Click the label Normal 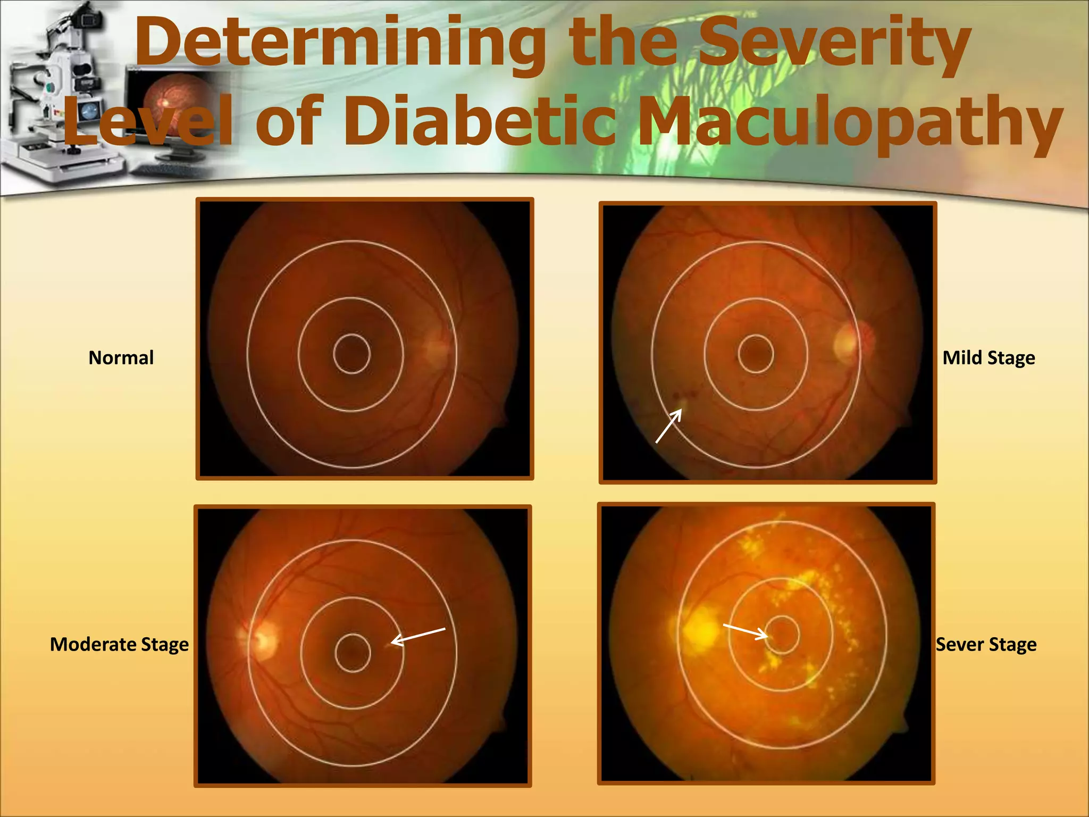pyautogui.click(x=121, y=358)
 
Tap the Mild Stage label pyautogui.click(x=989, y=358)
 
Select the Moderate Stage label pyautogui.click(x=119, y=644)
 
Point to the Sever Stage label pyautogui.click(x=986, y=644)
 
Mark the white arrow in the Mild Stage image pyautogui.click(x=669, y=426)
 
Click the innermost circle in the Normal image pyautogui.click(x=351, y=354)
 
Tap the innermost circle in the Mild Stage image pyautogui.click(x=756, y=354)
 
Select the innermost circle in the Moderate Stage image pyautogui.click(x=353, y=653)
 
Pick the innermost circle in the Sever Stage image pyautogui.click(x=781, y=634)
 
